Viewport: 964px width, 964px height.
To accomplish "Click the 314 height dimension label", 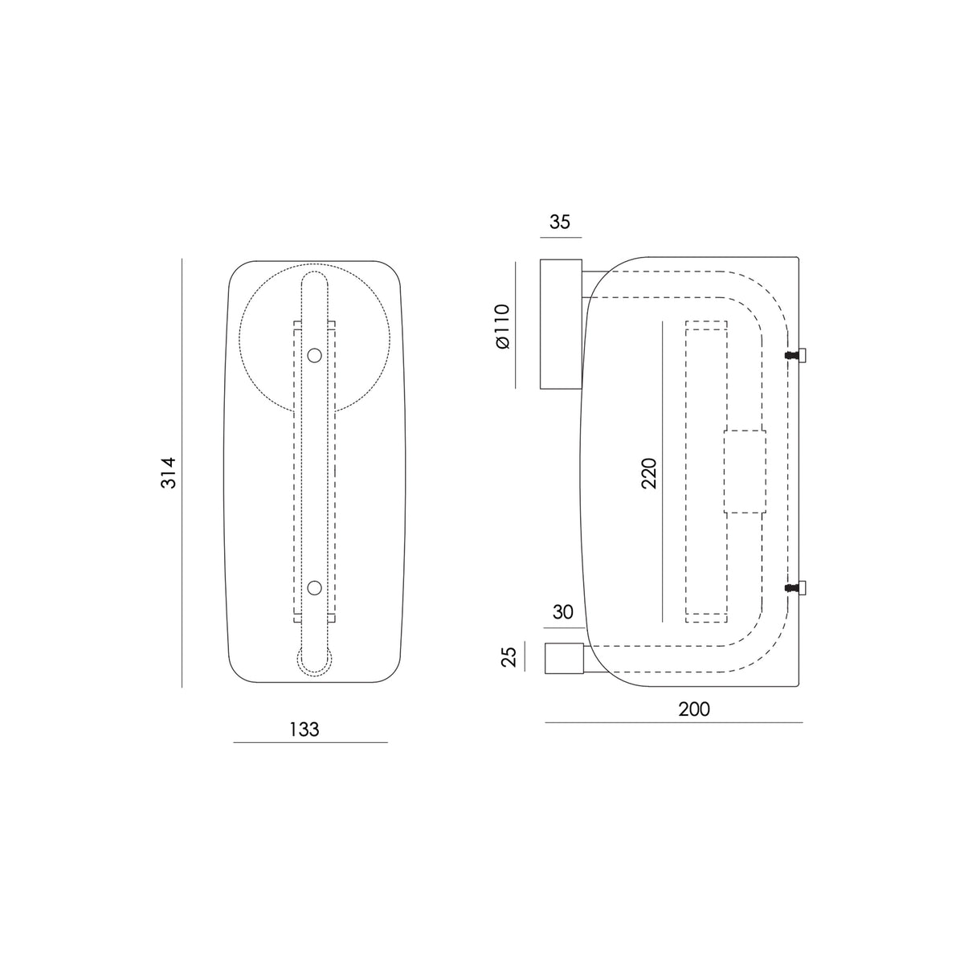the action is pos(169,472).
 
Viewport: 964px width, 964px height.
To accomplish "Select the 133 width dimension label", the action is pos(304,729).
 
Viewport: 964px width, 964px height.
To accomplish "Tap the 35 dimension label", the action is pos(560,222).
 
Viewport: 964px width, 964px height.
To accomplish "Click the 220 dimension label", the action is pos(649,472).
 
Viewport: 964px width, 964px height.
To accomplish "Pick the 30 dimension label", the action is pos(563,612).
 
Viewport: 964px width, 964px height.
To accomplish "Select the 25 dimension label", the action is pos(509,657).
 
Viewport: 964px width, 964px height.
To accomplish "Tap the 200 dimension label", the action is pos(694,709).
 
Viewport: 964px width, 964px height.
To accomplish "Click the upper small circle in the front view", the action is pos(314,356).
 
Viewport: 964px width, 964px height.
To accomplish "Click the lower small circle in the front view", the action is pos(314,588).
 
